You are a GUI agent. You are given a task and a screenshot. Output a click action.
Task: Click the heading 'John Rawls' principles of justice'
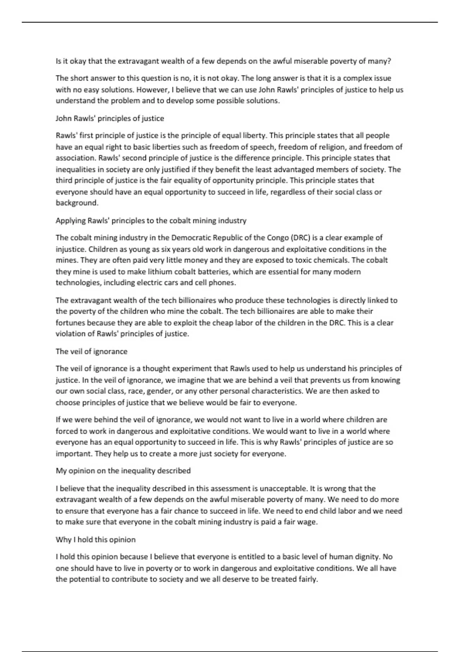(x=110, y=119)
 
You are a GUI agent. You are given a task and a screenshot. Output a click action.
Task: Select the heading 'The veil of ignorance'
(x=91, y=351)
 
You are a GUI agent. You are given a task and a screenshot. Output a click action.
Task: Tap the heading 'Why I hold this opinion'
(x=95, y=540)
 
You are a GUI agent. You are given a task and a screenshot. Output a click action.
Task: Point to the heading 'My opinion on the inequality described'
(x=123, y=471)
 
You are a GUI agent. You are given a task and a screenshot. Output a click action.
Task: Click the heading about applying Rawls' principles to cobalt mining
(x=151, y=221)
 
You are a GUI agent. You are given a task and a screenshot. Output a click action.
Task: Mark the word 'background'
(x=77, y=203)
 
